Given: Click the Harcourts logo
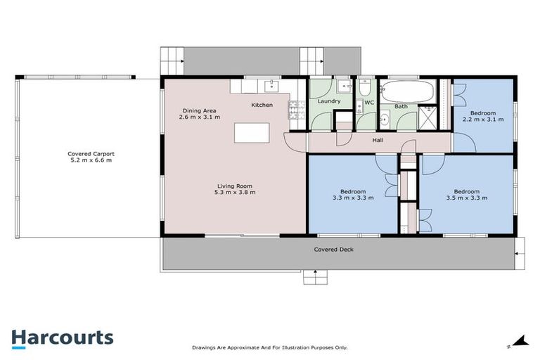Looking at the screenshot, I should [x=62, y=337].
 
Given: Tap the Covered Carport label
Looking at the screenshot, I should [x=91, y=157].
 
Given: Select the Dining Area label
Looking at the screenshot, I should [x=200, y=113].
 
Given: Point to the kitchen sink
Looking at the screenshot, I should [x=272, y=86].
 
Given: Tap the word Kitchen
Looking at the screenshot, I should [x=262, y=105].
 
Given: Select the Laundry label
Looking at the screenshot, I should [x=328, y=101].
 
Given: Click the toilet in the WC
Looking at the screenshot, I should [x=365, y=88].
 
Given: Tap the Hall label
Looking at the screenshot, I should [x=378, y=141].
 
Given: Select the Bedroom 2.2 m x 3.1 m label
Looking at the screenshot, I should [x=483, y=117].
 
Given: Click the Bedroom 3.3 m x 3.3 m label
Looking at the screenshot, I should [x=353, y=195].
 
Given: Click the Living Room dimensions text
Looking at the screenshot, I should [x=235, y=192].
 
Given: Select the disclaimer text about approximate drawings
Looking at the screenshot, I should [x=270, y=347].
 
